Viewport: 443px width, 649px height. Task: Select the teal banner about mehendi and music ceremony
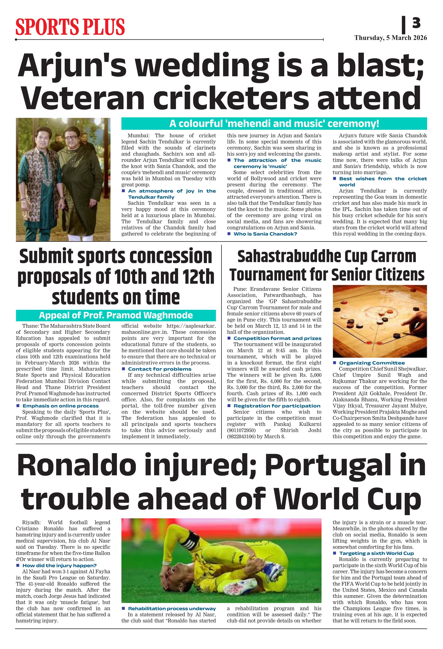click(x=274, y=123)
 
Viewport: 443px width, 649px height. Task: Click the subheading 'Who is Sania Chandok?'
click(x=265, y=234)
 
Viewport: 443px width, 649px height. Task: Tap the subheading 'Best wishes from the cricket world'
click(x=383, y=181)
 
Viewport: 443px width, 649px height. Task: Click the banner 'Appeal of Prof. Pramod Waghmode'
click(x=116, y=315)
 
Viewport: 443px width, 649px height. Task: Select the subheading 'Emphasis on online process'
click(x=61, y=406)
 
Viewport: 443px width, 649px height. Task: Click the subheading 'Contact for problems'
click(x=160, y=369)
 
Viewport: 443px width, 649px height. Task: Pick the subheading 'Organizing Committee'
click(x=372, y=363)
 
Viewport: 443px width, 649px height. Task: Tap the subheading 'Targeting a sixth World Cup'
click(x=376, y=553)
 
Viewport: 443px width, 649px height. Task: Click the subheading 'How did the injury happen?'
click(x=59, y=566)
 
